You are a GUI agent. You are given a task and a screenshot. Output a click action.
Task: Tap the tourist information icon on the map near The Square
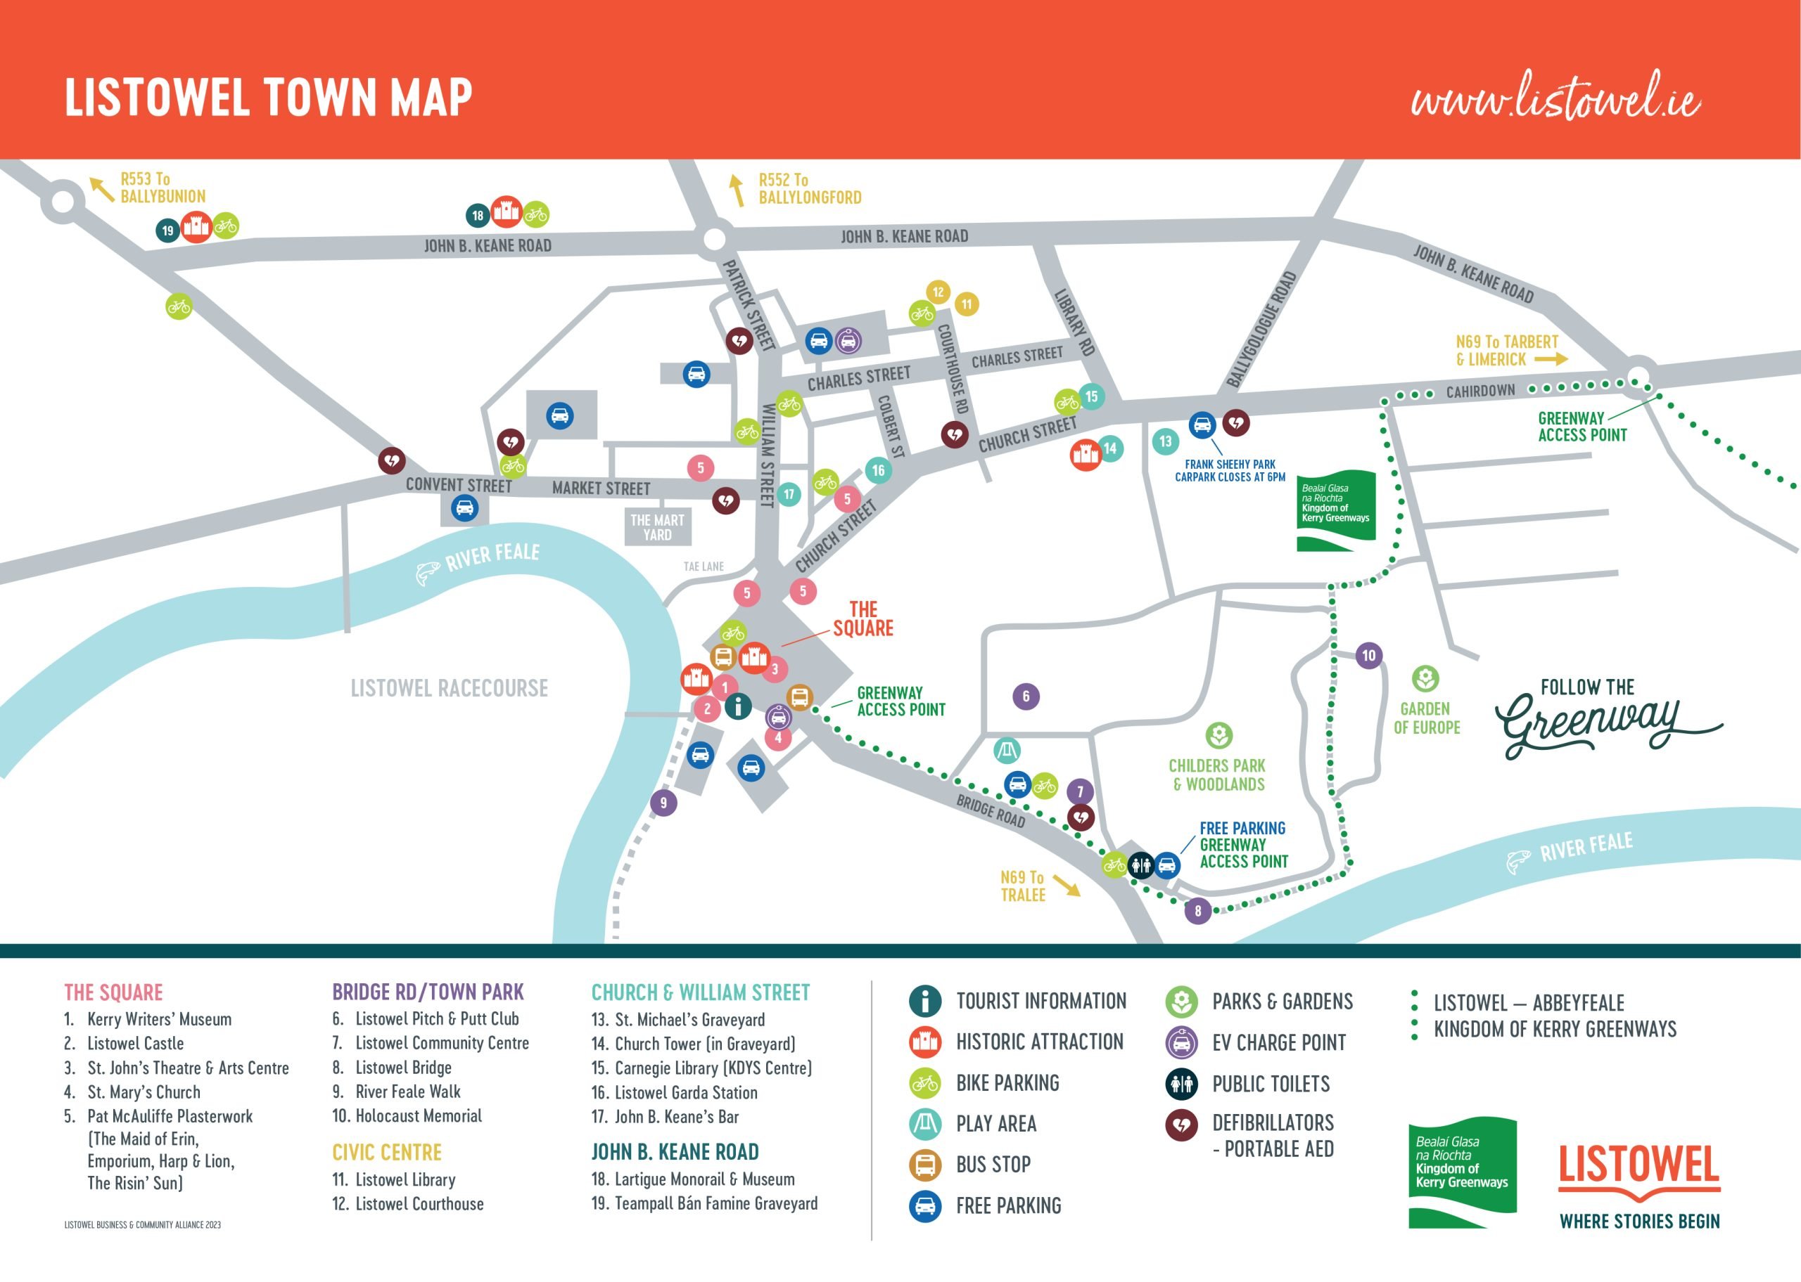click(738, 705)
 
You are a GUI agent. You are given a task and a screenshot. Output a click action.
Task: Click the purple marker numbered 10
click(1368, 655)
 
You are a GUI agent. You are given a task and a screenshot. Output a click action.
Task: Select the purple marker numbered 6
click(1025, 697)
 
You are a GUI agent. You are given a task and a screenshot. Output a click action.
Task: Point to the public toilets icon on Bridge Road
click(1140, 865)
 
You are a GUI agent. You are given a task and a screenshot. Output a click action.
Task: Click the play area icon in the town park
click(1006, 750)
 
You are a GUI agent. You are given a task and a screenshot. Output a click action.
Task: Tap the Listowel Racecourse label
click(449, 688)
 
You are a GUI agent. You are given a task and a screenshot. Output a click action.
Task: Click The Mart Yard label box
click(657, 526)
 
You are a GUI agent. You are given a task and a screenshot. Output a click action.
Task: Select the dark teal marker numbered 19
click(167, 231)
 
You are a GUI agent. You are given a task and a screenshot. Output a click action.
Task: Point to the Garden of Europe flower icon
click(1425, 678)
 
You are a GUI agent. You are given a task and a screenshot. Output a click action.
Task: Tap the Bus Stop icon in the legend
click(925, 1165)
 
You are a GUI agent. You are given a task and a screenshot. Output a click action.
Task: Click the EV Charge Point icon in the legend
click(1181, 1042)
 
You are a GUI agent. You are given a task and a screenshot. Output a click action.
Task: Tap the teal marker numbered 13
click(1165, 441)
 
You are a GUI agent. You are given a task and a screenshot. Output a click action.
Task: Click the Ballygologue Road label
click(1261, 330)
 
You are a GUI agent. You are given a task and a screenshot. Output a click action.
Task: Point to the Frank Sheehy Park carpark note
click(1229, 470)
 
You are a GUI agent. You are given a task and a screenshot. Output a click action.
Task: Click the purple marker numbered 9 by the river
click(663, 803)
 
